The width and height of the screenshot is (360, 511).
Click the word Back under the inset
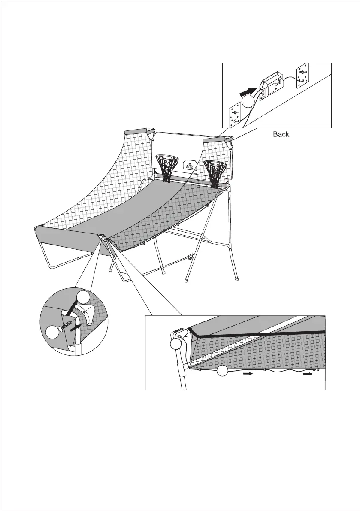[x=281, y=135]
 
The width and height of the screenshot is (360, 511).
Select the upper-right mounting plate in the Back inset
[x=303, y=76]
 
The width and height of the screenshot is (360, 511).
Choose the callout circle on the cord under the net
[x=222, y=371]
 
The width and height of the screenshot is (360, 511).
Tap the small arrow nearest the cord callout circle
[x=248, y=374]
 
